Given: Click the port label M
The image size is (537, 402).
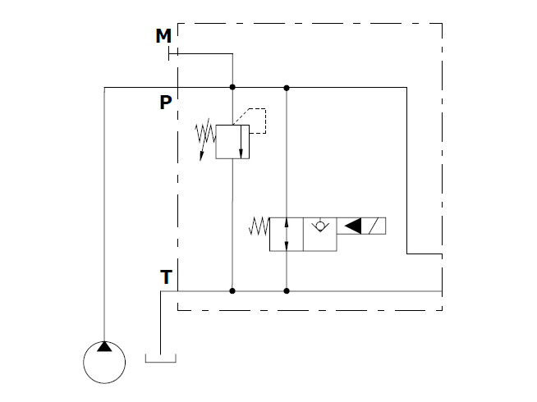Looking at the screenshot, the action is pos(163,35).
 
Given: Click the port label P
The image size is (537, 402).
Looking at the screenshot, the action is pos(166,102).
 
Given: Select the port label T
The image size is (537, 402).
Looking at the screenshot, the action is pos(166,276).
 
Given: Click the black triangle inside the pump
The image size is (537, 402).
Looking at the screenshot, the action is pos(104,347).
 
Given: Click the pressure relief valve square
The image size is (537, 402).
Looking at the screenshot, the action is pos(232,142).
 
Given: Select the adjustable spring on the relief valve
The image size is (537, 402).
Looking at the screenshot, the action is pos(205,137).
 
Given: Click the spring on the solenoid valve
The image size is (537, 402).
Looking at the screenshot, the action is pos(259,226).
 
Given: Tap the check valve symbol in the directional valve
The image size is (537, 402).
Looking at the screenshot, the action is pos(320,226).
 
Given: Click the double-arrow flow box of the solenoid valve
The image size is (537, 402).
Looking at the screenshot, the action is pos(287,235).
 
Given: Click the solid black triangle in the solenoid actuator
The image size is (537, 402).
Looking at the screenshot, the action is pos(353,226).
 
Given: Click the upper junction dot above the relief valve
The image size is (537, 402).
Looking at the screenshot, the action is pos(232,87).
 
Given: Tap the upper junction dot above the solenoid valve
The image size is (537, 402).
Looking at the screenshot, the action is pos(287,88).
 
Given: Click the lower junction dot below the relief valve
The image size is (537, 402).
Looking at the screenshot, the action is pos(232,291).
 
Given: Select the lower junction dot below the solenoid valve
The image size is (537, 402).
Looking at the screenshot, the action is pos(287,291).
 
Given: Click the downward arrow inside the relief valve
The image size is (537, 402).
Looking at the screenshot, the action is pos(241,142).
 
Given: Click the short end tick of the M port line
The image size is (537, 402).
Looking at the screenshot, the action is pos(169,53).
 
